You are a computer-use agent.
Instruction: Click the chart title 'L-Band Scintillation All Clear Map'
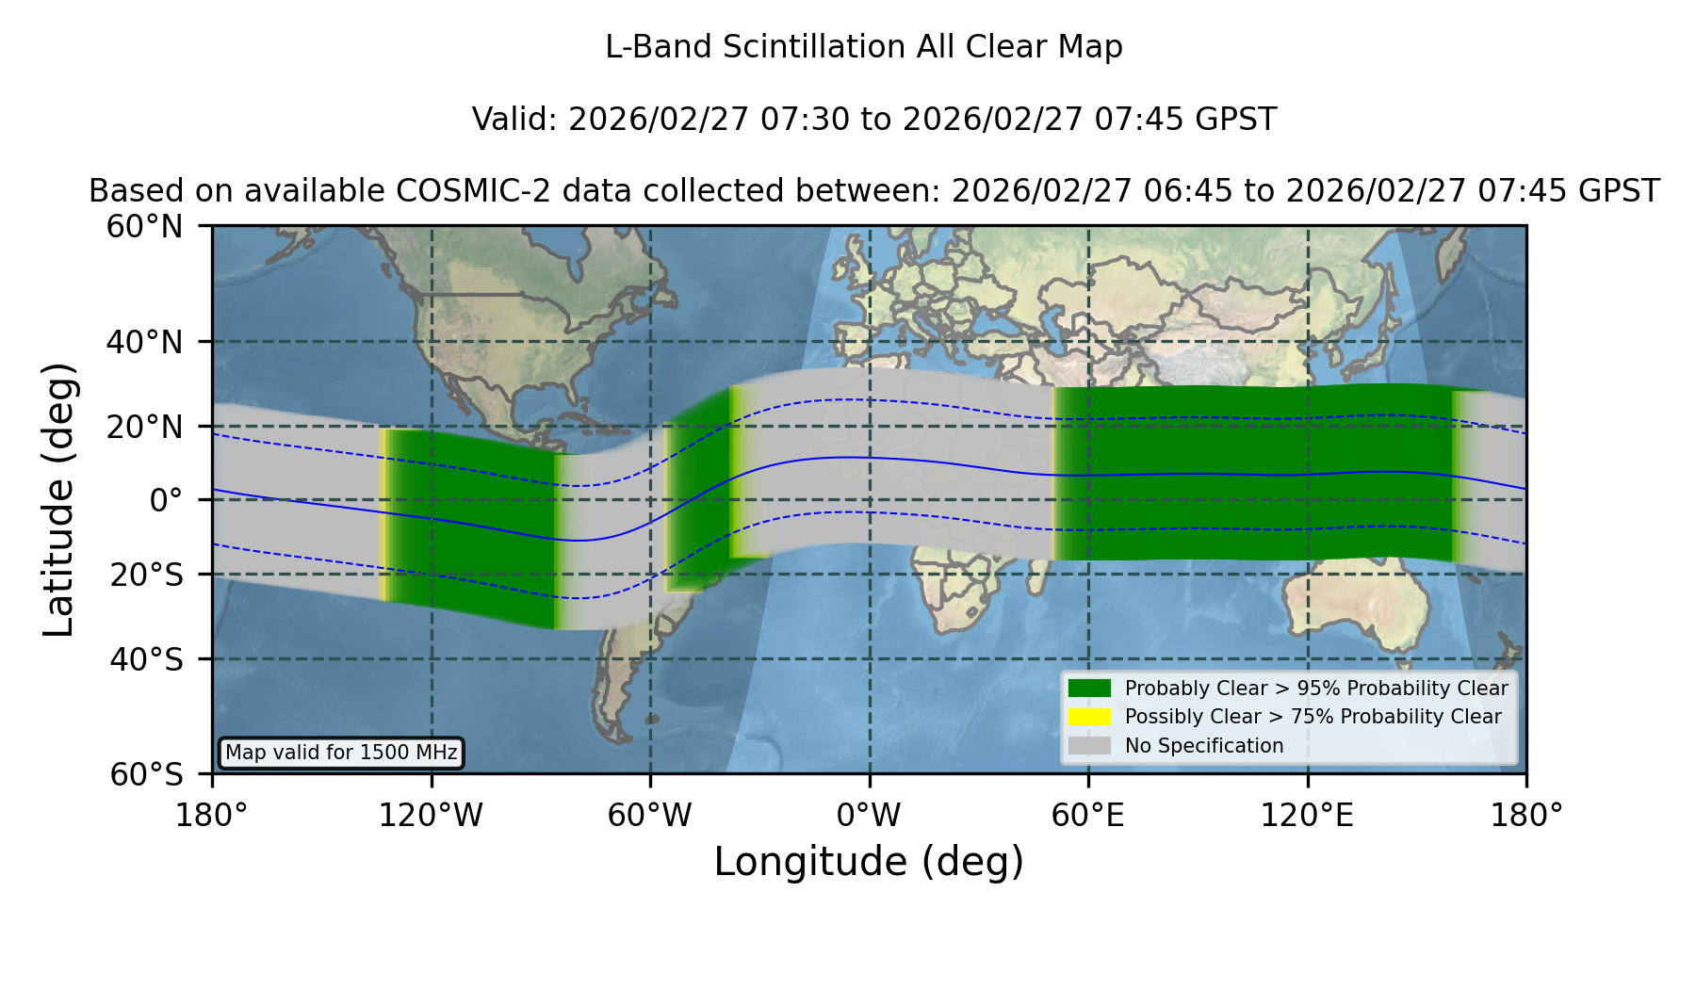863,47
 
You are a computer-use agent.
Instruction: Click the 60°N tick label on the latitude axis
144,227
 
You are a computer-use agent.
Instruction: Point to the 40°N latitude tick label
144,342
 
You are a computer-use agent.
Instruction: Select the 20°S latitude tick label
147,575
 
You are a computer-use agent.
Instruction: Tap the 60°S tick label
147,774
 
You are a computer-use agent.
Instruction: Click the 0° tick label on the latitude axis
166,500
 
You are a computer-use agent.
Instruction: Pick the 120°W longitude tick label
431,815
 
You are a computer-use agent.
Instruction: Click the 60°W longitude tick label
650,815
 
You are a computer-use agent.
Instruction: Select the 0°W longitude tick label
869,815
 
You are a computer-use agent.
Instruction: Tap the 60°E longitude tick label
1088,815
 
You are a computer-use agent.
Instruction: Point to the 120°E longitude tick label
1307,815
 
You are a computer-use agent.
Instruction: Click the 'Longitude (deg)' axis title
869,863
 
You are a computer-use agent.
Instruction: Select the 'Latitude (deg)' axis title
58,499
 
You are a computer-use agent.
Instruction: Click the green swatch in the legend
1089,689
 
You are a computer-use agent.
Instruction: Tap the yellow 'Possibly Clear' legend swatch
1089,717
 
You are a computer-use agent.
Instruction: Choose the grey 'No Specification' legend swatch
1089,746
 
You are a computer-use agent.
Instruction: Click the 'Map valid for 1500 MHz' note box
341,753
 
